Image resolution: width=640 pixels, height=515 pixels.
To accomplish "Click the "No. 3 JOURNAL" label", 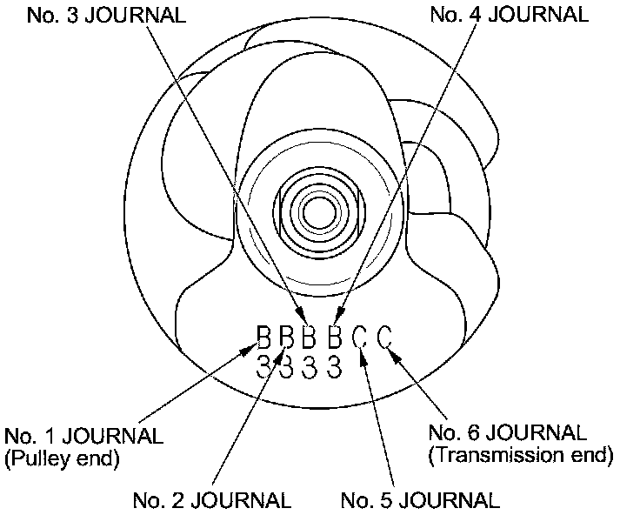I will click(x=107, y=15).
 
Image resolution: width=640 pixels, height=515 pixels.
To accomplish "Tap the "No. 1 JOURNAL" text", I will click(x=83, y=435).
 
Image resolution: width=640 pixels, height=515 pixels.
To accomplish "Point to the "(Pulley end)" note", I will click(x=62, y=458).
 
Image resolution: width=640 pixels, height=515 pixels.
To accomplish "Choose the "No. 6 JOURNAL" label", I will click(x=507, y=432).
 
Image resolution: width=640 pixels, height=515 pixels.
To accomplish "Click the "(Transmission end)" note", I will click(x=521, y=454).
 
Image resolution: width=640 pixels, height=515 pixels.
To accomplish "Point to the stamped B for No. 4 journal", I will click(x=334, y=337).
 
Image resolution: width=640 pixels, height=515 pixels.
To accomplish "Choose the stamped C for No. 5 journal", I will click(x=362, y=337).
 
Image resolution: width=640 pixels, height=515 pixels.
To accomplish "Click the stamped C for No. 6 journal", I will click(x=386, y=337).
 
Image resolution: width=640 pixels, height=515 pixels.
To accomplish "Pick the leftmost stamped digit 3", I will click(x=265, y=366).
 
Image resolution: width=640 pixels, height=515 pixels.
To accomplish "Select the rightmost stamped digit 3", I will click(x=334, y=366).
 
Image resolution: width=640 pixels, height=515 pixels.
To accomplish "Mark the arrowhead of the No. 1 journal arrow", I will click(x=250, y=347).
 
